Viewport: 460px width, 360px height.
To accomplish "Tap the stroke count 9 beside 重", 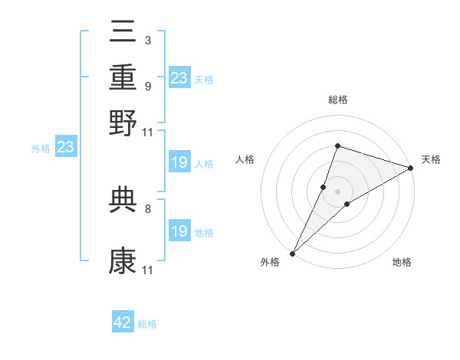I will tap(147, 86).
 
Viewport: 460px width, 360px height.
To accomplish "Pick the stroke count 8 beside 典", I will tap(147, 208).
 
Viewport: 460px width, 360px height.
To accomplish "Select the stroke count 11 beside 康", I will tap(147, 270).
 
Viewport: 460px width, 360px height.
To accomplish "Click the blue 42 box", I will tap(123, 322).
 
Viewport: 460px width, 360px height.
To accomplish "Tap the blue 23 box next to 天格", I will tap(179, 77).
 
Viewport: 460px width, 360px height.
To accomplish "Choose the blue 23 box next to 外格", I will tap(65, 146).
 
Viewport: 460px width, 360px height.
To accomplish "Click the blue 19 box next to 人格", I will tap(179, 162).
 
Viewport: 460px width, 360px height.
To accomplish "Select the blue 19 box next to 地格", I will tap(179, 231).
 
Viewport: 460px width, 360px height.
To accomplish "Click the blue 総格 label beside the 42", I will tap(148, 324).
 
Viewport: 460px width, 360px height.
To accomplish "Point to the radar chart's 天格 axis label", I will tap(431, 159).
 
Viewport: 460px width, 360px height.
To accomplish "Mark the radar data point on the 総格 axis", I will tap(337, 146).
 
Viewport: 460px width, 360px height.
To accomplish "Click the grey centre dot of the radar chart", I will tap(337, 191).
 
